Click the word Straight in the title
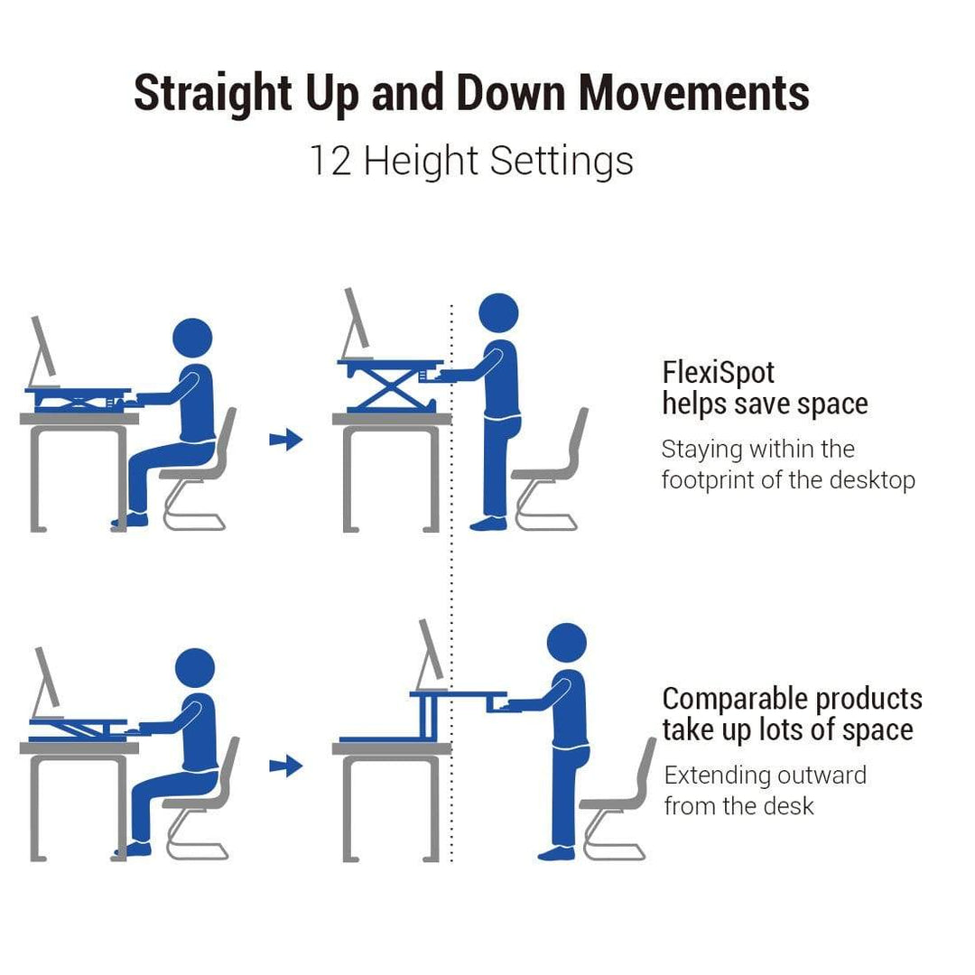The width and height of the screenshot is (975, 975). (x=213, y=94)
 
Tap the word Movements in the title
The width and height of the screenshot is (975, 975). (x=694, y=93)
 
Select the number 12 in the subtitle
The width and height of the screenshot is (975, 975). (x=330, y=161)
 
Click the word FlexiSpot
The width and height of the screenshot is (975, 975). (x=719, y=373)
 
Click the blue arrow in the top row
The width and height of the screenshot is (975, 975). (x=286, y=440)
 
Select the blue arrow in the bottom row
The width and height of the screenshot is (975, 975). (x=286, y=766)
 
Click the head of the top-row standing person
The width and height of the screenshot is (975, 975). (x=498, y=313)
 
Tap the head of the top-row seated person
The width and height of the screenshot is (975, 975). (x=192, y=339)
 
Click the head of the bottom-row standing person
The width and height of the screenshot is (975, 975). (x=566, y=643)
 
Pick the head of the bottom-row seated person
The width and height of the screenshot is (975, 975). (x=195, y=668)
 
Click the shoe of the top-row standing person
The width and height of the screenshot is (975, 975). (x=488, y=524)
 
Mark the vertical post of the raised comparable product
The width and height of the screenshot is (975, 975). (x=429, y=716)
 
